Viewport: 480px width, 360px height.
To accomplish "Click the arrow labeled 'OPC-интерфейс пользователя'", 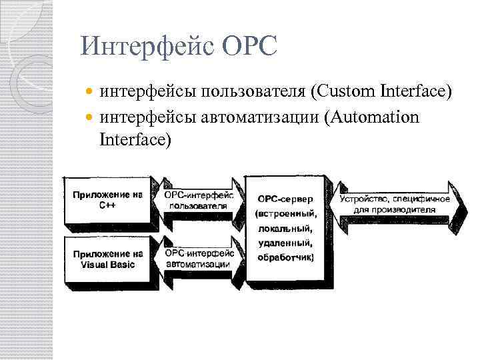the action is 199,201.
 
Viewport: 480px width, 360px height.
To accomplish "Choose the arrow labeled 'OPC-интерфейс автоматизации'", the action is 199,259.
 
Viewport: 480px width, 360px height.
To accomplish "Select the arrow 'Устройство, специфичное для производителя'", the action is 395,203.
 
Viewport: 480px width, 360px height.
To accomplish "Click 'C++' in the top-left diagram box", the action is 107,206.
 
